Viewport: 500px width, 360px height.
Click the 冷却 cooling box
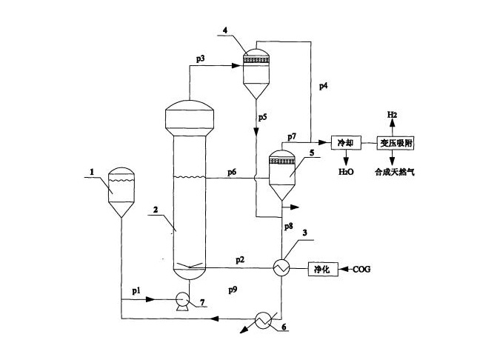(x=346, y=142)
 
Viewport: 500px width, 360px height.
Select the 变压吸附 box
(x=396, y=143)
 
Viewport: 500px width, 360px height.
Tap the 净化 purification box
(x=321, y=270)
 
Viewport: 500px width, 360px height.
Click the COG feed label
(x=361, y=270)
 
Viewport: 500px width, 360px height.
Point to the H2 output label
(x=392, y=115)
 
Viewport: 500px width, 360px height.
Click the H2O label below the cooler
(x=346, y=172)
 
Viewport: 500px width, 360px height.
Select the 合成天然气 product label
(x=395, y=173)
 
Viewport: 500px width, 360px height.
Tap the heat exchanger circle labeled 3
(x=281, y=267)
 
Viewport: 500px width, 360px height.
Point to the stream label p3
(x=200, y=59)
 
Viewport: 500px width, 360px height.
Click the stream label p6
(x=232, y=173)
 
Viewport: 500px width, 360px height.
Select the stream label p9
(x=233, y=290)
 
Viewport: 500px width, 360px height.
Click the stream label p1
(x=136, y=291)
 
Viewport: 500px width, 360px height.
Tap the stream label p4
(x=324, y=86)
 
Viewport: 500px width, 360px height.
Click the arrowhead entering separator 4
(x=236, y=65)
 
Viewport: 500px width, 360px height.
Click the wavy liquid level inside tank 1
(x=121, y=181)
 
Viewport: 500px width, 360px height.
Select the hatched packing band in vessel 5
(x=282, y=161)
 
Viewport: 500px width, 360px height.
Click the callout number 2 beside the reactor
(x=156, y=210)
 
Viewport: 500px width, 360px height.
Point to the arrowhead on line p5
(x=256, y=131)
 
